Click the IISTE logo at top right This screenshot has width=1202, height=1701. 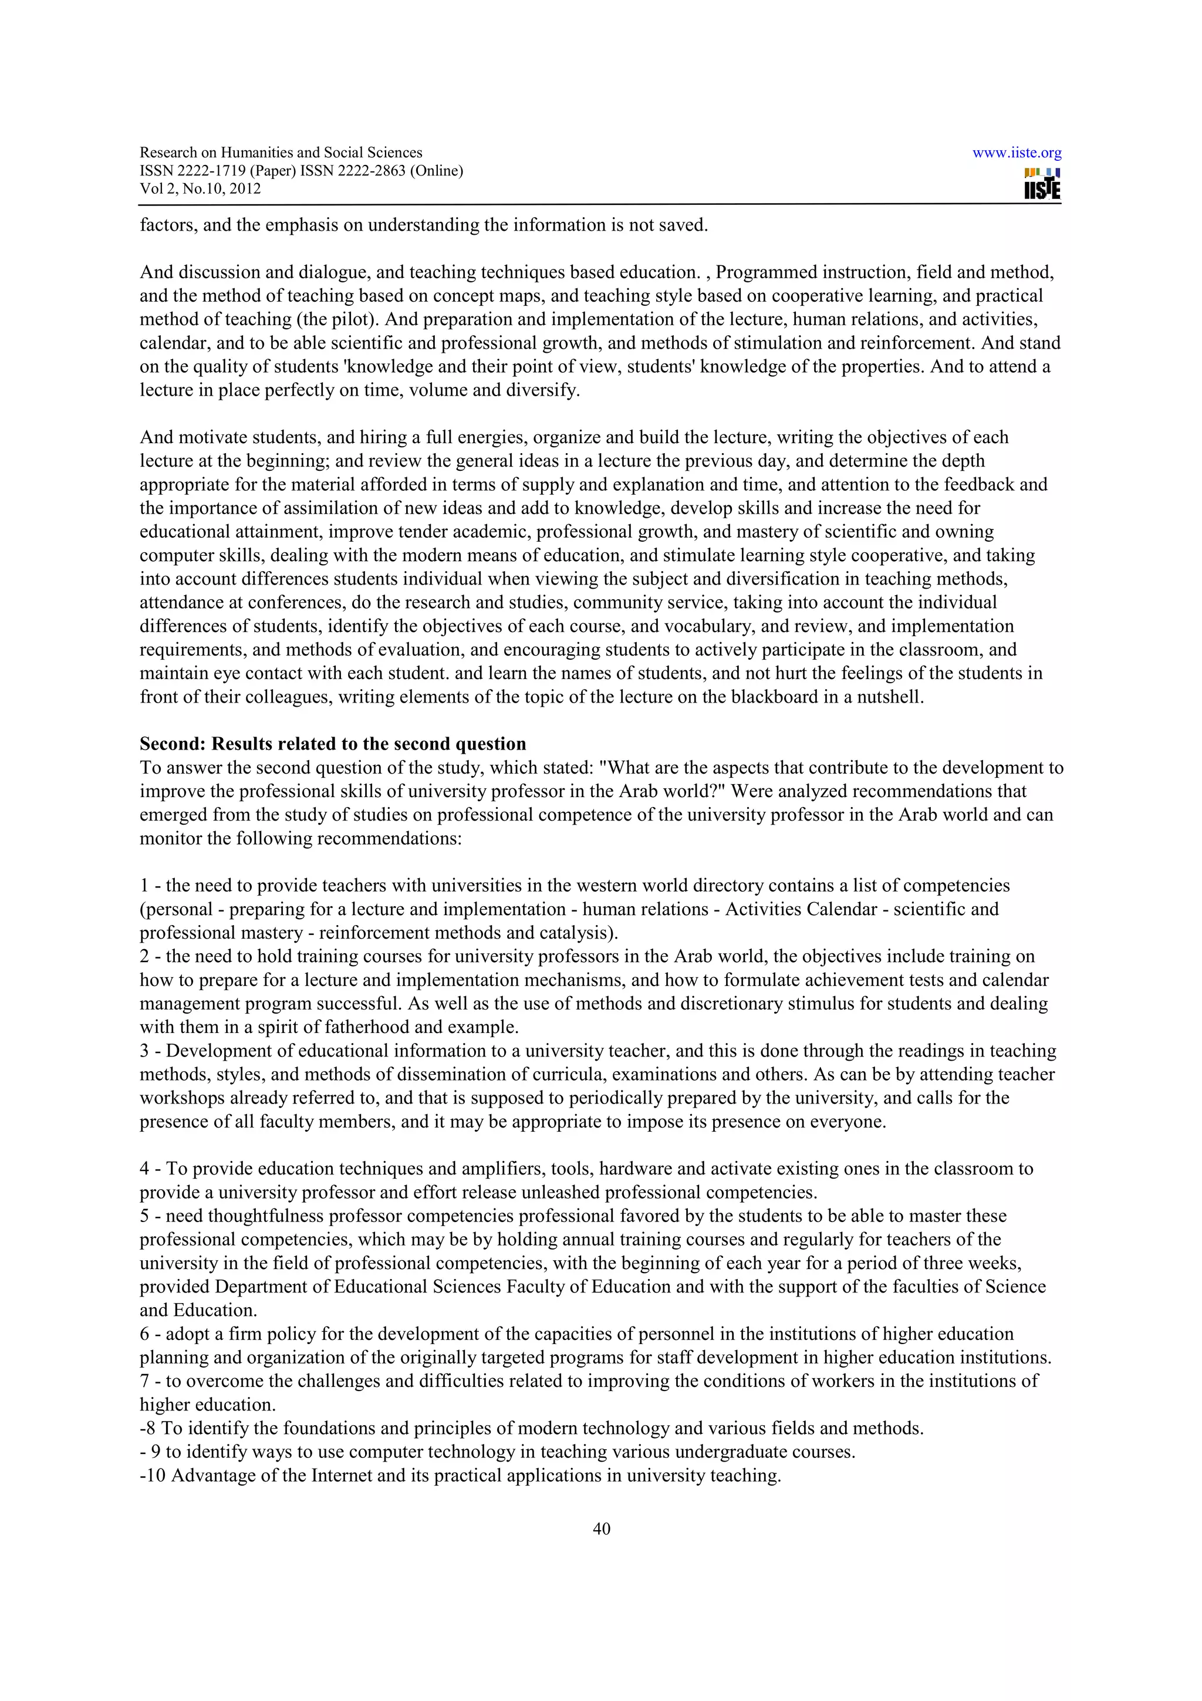pyautogui.click(x=1042, y=184)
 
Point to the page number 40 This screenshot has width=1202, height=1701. pyautogui.click(x=602, y=1528)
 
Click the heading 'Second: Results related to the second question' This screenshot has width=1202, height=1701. pyautogui.click(x=333, y=744)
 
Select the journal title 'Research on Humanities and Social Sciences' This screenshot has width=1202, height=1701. pyautogui.click(x=281, y=153)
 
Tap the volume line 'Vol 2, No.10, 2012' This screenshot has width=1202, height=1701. pyautogui.click(x=200, y=188)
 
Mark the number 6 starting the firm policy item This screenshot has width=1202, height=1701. pyautogui.click(x=144, y=1334)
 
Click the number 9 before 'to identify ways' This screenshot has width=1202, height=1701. pyautogui.click(x=156, y=1452)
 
